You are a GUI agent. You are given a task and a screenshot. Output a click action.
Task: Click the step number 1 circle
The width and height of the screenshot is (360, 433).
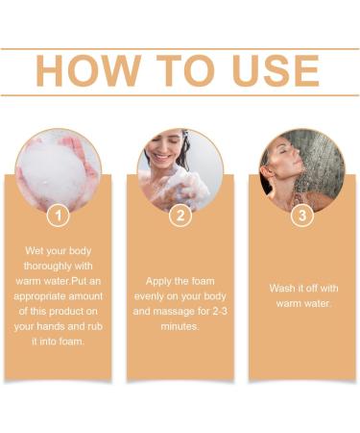click(58, 216)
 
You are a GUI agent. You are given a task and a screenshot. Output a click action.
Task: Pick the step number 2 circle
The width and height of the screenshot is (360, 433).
click(180, 216)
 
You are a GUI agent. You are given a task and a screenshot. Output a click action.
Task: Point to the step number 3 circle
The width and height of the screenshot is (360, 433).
click(302, 216)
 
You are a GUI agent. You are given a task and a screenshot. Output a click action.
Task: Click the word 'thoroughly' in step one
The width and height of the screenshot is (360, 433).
click(58, 267)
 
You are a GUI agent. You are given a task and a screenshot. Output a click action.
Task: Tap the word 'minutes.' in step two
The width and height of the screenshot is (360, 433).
click(180, 328)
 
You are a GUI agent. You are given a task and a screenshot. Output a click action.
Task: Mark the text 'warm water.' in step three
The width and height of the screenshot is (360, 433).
click(302, 305)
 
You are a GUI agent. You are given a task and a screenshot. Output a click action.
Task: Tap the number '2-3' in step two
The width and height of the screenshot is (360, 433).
click(212, 313)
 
